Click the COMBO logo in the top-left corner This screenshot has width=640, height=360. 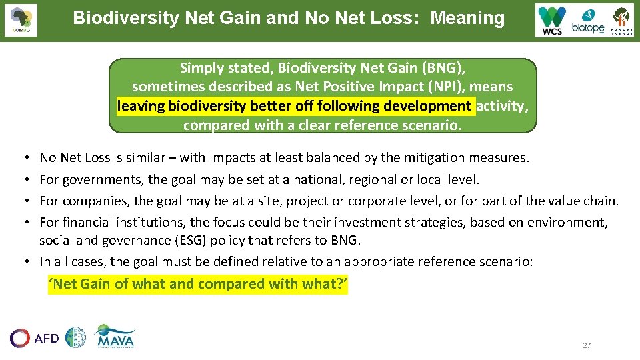(21, 20)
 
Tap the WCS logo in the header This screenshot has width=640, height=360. (552, 21)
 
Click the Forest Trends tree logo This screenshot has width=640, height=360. (621, 21)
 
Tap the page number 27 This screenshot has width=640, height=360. (587, 345)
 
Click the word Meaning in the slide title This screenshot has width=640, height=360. (467, 18)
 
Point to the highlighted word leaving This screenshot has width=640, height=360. (141, 106)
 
